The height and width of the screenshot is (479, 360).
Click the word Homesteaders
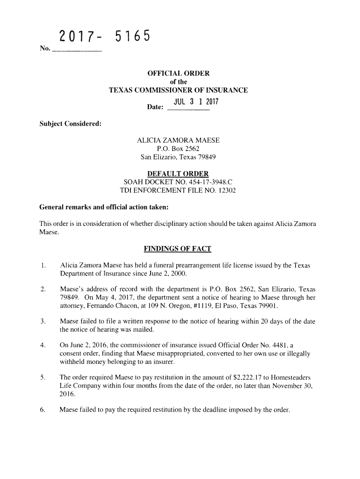tap(290, 377)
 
